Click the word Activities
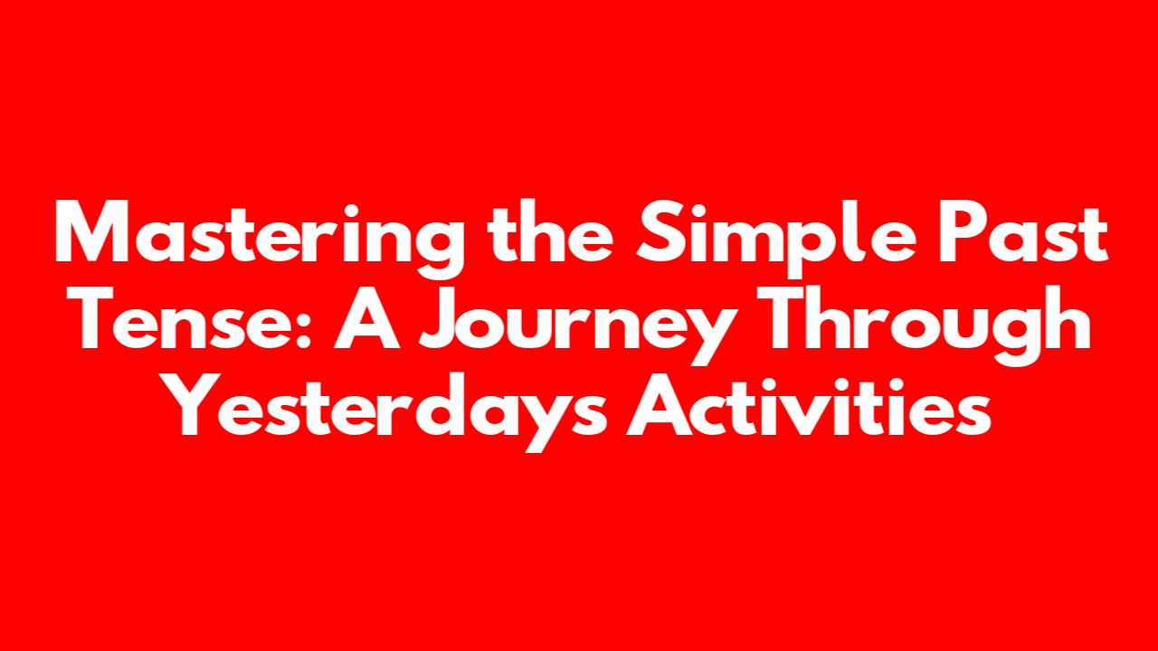809,404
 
